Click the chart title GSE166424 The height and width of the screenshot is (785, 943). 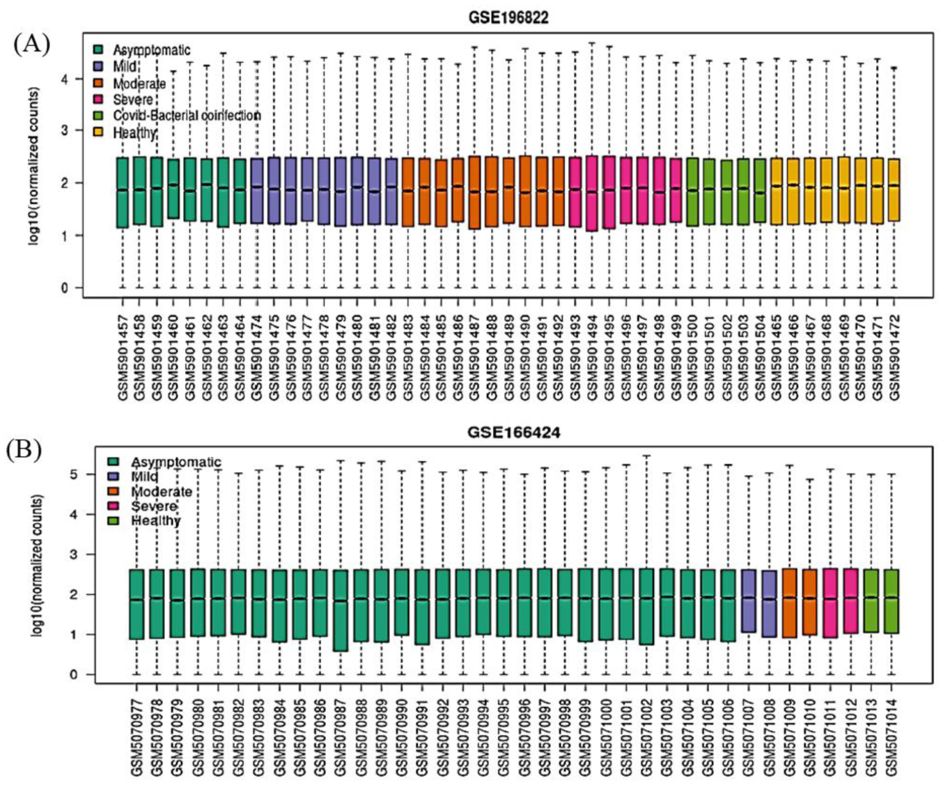pyautogui.click(x=513, y=433)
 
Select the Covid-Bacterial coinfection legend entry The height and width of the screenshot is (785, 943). pyautogui.click(x=187, y=116)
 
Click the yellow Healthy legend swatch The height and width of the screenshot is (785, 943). pyautogui.click(x=99, y=132)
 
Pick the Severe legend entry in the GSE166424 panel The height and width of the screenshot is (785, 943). pyautogui.click(x=154, y=506)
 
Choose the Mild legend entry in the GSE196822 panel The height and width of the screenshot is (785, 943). pyautogui.click(x=125, y=67)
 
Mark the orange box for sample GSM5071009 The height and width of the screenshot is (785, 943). pyautogui.click(x=790, y=603)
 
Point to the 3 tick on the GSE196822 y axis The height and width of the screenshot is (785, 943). pyautogui.click(x=65, y=131)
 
